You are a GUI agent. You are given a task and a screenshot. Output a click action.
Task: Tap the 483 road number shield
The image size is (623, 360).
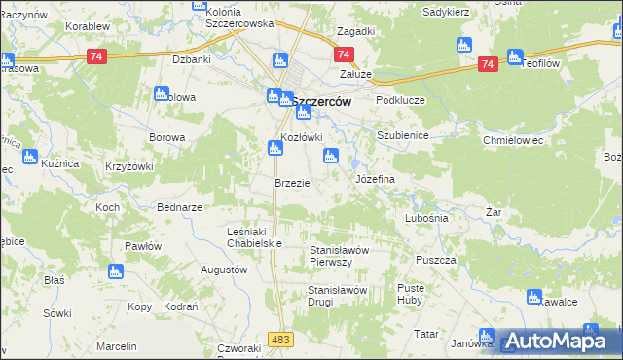coord(281,338)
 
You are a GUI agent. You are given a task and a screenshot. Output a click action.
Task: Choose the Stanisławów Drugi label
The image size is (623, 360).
coord(336,296)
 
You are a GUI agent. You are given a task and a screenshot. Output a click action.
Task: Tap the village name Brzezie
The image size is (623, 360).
coord(292,183)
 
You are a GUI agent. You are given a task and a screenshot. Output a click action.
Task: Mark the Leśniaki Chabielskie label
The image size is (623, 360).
coord(253,236)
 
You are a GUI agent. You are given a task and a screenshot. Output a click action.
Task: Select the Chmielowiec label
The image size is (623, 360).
coord(512,140)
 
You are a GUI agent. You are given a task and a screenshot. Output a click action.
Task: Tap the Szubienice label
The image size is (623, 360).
coord(403,135)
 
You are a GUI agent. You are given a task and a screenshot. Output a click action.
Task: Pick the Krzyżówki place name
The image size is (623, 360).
coord(128,167)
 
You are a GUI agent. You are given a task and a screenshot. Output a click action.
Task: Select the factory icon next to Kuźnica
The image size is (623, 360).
coord(29,156)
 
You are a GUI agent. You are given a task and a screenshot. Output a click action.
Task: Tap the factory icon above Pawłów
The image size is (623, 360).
coord(116,271)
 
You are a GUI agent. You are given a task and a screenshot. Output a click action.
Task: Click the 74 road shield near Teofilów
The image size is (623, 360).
coord(489,63)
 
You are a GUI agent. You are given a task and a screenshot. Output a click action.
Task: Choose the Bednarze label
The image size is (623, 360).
coord(179,208)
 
